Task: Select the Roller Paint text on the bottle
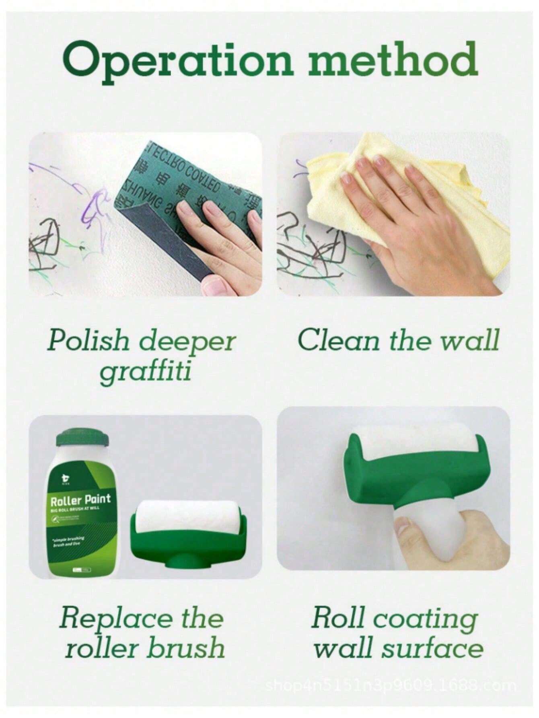pyautogui.click(x=80, y=500)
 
